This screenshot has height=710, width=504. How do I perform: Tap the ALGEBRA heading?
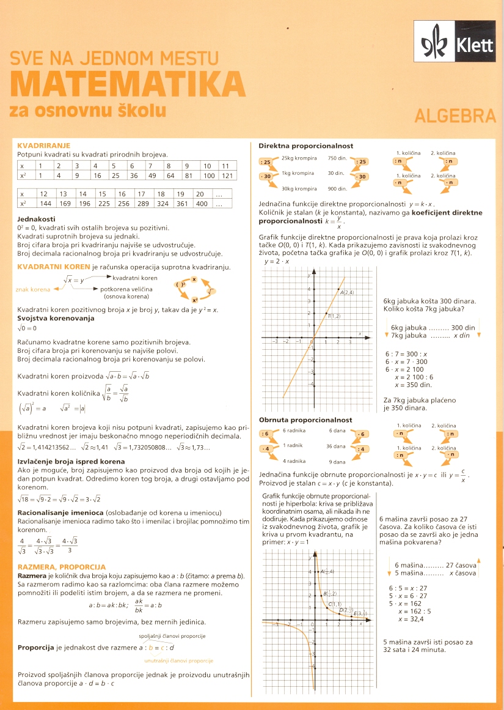coord(455,116)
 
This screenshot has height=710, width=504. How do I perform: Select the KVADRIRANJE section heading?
coord(44,146)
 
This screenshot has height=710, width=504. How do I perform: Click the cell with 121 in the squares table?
coord(227,176)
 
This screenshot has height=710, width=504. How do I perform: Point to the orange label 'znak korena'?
coord(33,289)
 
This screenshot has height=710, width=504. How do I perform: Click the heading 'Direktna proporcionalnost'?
coord(305,146)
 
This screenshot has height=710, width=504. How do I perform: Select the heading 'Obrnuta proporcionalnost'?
coord(305,420)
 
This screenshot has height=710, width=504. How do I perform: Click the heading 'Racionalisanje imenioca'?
coord(60,512)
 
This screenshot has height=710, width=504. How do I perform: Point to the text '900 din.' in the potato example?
coord(337,188)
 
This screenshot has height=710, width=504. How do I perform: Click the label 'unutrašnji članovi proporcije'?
coord(178,661)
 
